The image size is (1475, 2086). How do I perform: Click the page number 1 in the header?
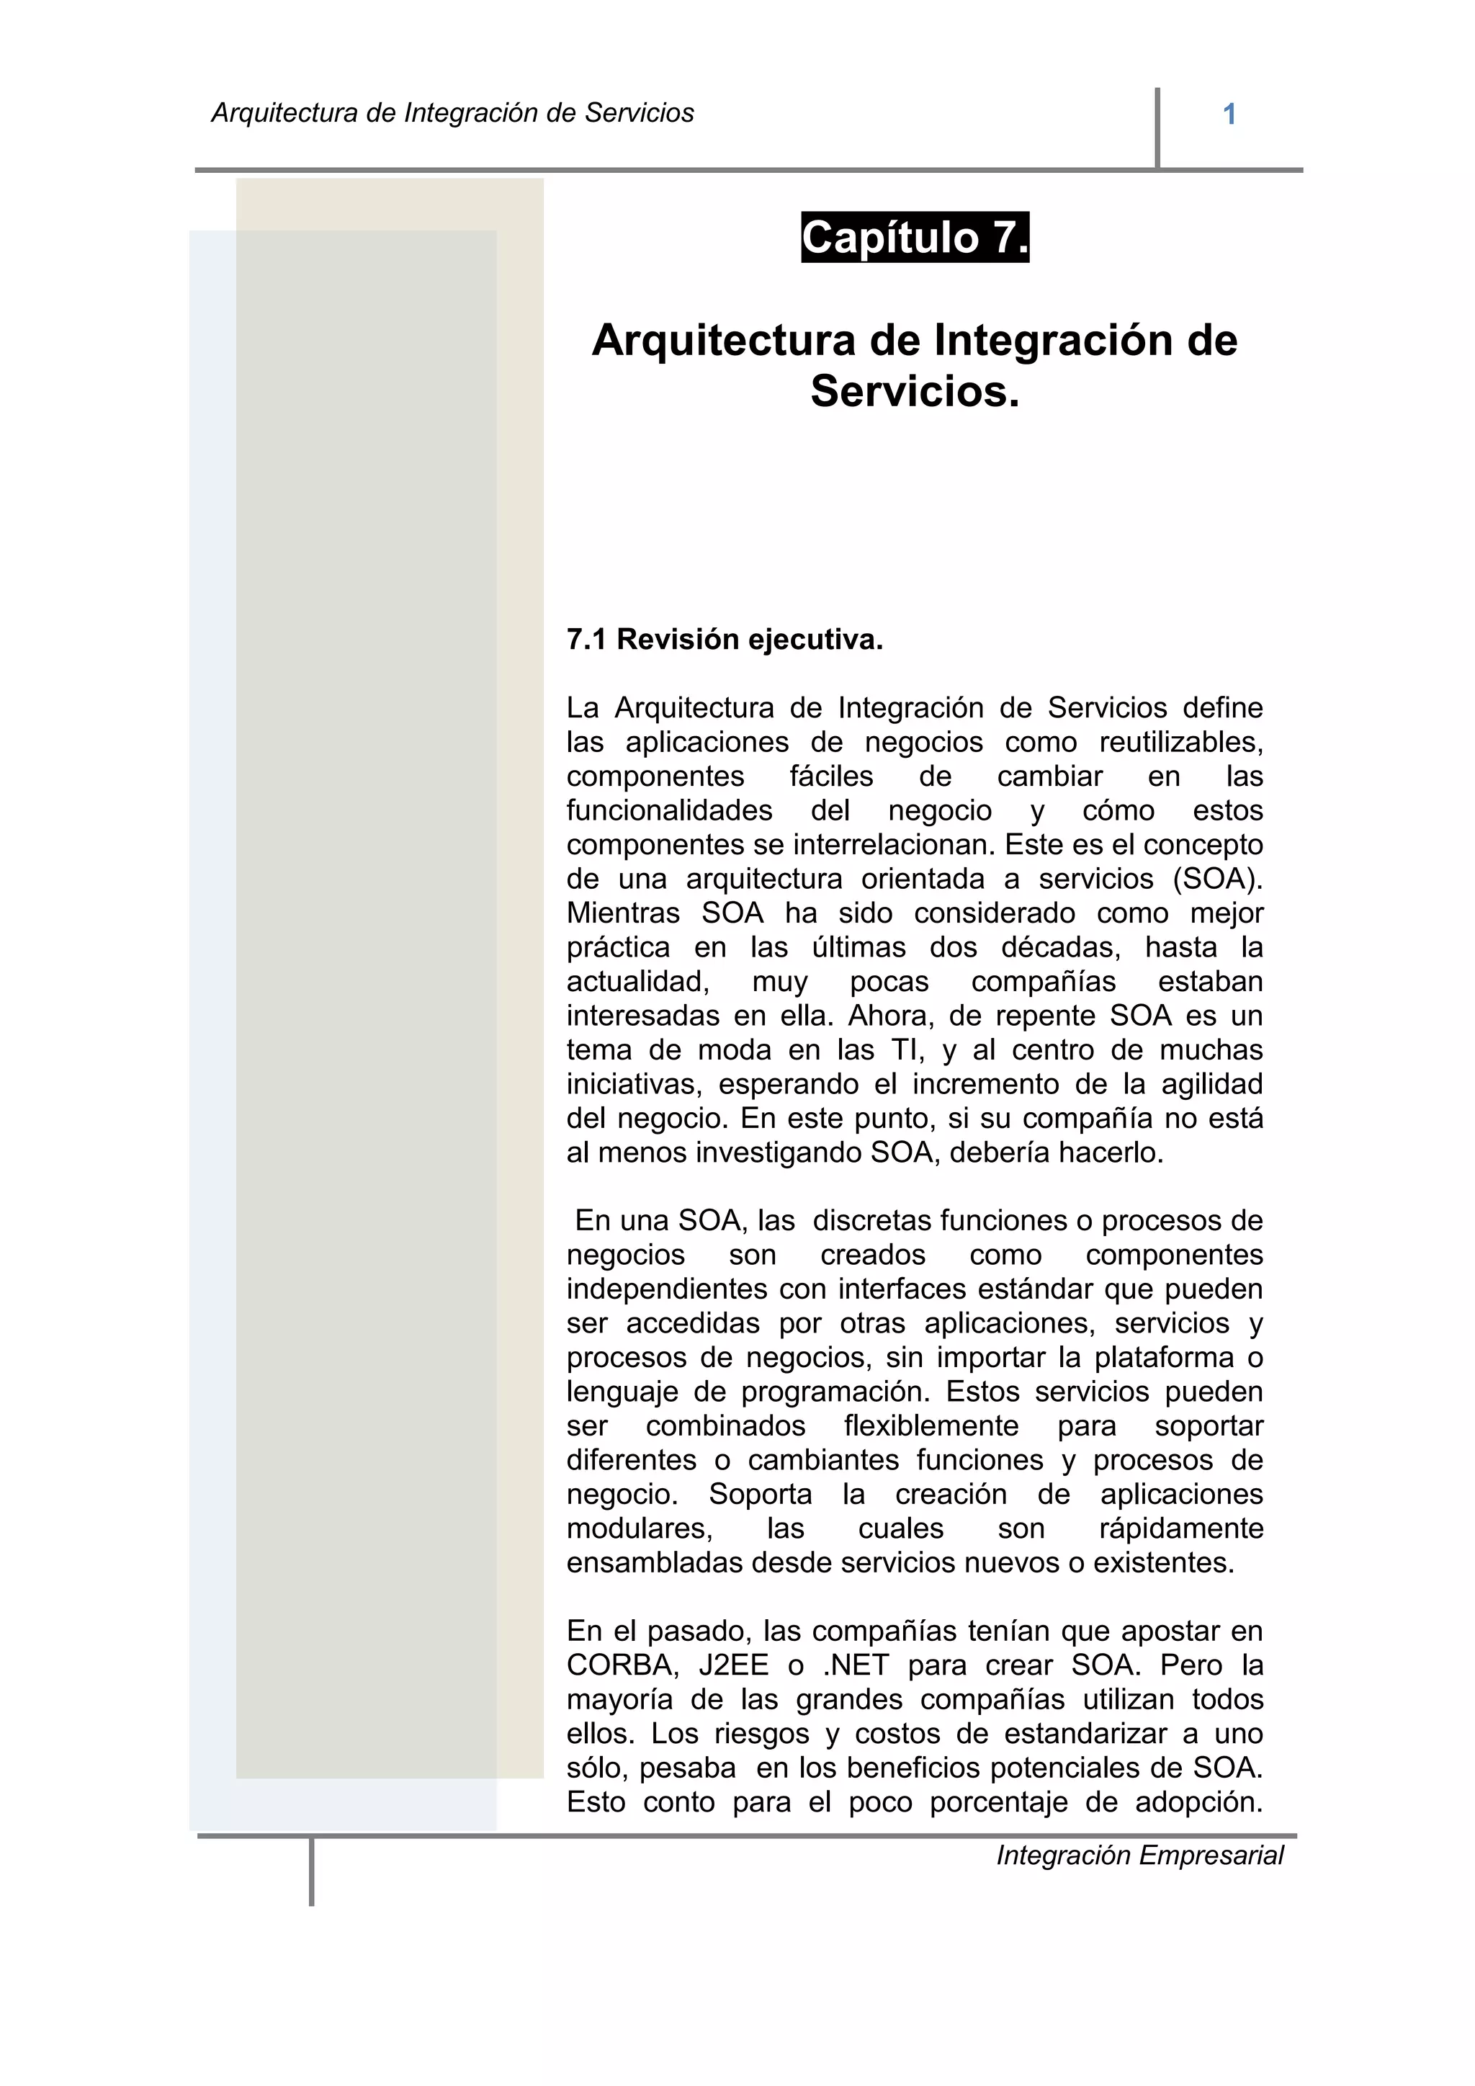coord(1229,115)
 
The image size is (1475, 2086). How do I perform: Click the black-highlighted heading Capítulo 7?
coord(915,238)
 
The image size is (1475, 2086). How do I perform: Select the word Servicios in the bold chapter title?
coord(915,392)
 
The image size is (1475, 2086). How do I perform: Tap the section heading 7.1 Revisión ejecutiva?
coord(724,640)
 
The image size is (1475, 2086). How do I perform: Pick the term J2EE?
coord(734,1665)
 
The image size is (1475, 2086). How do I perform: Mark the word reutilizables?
coord(1180,743)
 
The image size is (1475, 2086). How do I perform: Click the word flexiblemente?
coord(931,1426)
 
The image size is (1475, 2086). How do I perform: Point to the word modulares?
coord(640,1528)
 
